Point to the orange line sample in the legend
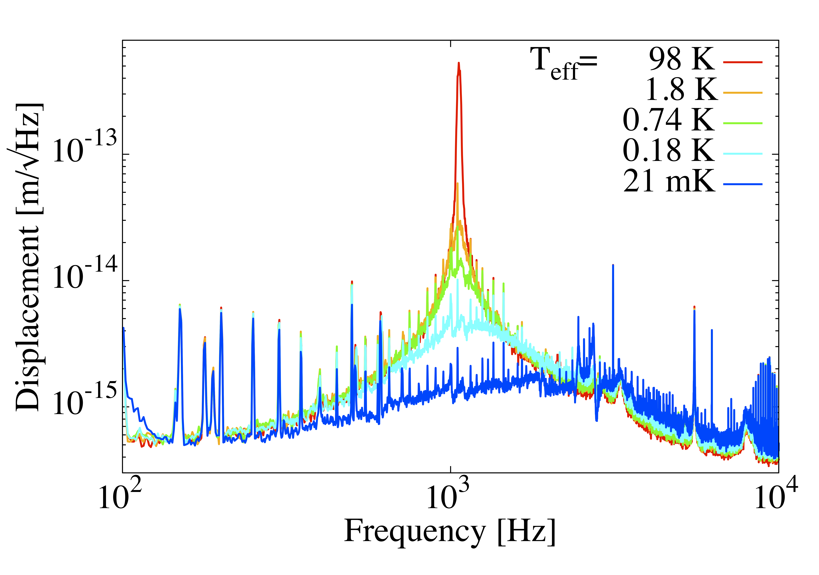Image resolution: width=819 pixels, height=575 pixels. (743, 93)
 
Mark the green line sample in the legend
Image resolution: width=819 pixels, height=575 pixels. (743, 123)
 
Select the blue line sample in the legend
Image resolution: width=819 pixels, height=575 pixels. (743, 184)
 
